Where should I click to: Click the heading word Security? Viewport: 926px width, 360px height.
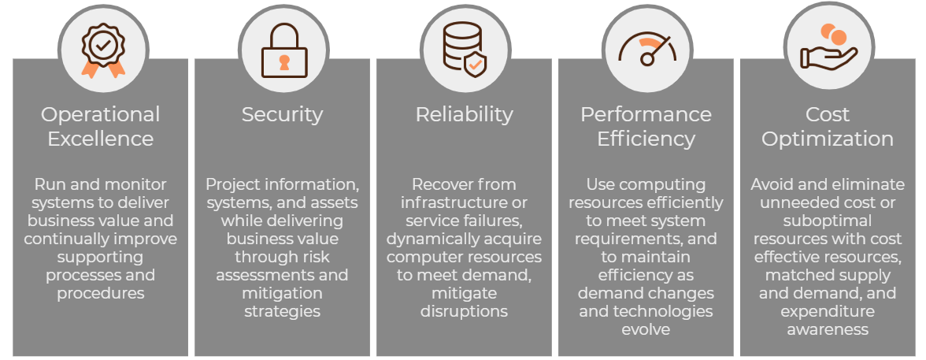pyautogui.click(x=282, y=115)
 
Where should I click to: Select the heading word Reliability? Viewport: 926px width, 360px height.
pyautogui.click(x=464, y=115)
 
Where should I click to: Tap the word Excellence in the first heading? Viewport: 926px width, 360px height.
pyautogui.click(x=101, y=139)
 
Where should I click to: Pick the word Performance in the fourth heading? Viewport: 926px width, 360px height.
pyautogui.click(x=646, y=115)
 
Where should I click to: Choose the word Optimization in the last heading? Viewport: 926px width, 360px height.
pyautogui.click(x=828, y=139)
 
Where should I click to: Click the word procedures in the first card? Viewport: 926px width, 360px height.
pyautogui.click(x=101, y=293)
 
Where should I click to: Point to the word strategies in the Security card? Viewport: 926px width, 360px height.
pyautogui.click(x=282, y=311)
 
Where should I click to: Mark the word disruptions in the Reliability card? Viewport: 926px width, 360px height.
pyautogui.click(x=464, y=311)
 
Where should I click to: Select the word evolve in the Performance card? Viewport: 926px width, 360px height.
pyautogui.click(x=646, y=329)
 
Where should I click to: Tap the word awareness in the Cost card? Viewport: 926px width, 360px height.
pyautogui.click(x=828, y=329)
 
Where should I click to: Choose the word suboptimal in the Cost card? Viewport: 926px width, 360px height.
pyautogui.click(x=828, y=221)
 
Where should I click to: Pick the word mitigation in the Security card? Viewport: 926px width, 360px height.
pyautogui.click(x=282, y=293)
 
